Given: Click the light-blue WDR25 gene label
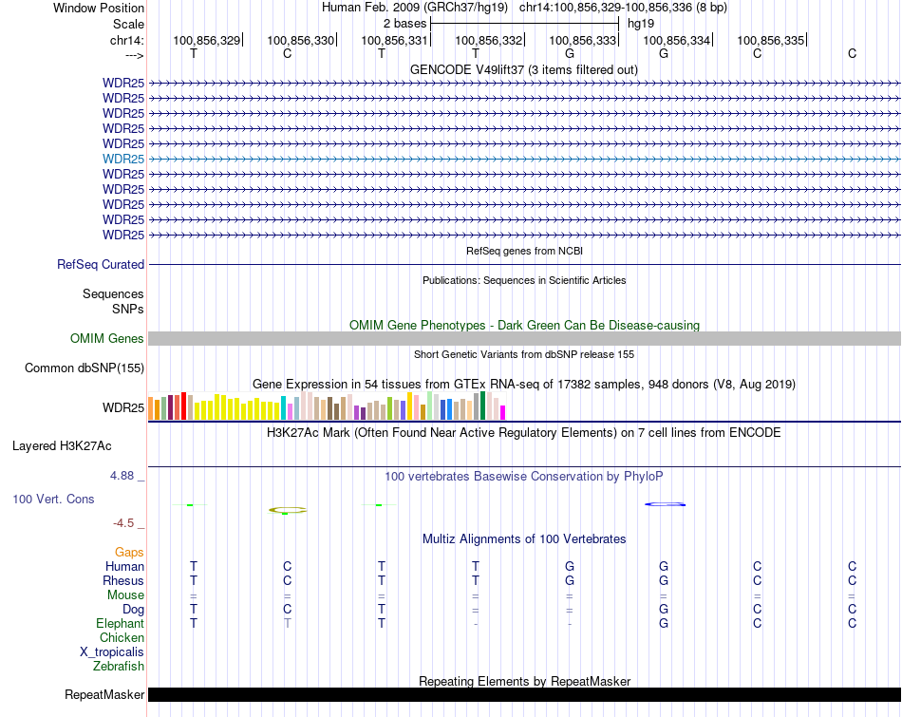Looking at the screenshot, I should pyautogui.click(x=123, y=159).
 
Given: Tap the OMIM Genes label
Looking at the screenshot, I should pyautogui.click(x=107, y=339).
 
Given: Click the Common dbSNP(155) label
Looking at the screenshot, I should pyautogui.click(x=85, y=368).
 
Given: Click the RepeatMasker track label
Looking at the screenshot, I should pyautogui.click(x=104, y=695).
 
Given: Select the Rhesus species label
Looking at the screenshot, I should pyautogui.click(x=123, y=581).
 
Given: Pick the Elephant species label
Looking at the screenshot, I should pyautogui.click(x=120, y=624).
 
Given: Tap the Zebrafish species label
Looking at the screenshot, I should pyautogui.click(x=119, y=667).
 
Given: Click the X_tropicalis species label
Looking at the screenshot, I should pyautogui.click(x=112, y=652).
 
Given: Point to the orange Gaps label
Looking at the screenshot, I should pyautogui.click(x=129, y=553).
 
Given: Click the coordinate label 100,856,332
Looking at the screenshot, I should pyautogui.click(x=489, y=41).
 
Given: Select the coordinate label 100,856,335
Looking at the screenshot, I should pyautogui.click(x=770, y=41).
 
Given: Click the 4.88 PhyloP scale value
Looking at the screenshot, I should pyautogui.click(x=123, y=476).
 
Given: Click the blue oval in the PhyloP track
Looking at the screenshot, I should pyautogui.click(x=666, y=504).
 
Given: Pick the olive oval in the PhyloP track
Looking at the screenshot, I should pyautogui.click(x=288, y=510).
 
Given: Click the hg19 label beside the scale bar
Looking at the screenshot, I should pyautogui.click(x=641, y=23).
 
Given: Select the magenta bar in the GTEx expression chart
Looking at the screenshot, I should pyautogui.click(x=503, y=412).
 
